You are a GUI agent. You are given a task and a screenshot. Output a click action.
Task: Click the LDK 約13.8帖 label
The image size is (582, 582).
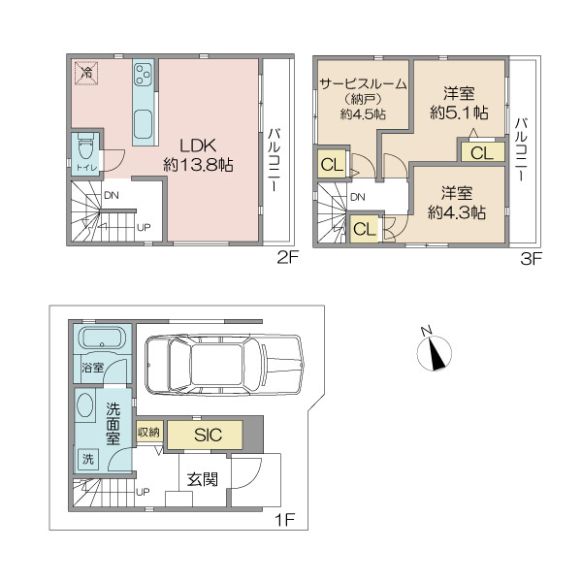coord(198,155)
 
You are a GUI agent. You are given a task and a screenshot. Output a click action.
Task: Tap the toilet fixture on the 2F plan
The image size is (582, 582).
coord(85,148)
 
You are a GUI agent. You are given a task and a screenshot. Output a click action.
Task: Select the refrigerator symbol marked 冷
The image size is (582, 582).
coord(87,73)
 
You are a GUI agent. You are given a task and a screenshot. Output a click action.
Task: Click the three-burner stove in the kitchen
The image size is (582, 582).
coord(143,75)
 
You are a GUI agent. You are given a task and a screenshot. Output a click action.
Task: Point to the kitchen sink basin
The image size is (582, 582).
coord(143,123)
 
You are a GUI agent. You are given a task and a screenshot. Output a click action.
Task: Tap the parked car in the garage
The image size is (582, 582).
coord(225,365)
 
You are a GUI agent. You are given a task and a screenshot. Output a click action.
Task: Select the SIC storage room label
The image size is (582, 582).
coord(208,435)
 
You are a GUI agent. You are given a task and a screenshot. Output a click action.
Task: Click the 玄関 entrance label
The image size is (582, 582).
coord(203,479)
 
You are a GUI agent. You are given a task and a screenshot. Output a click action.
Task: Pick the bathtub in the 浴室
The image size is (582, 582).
coord(103,339)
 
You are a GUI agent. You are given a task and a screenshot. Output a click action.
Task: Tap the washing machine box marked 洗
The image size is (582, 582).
coord(87,459)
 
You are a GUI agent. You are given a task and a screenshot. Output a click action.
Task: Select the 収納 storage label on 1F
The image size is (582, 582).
coord(148,432)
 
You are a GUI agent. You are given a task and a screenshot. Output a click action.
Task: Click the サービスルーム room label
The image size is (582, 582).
coord(363,84)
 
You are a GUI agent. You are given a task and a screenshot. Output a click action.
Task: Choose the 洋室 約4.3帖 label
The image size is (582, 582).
coord(457,203)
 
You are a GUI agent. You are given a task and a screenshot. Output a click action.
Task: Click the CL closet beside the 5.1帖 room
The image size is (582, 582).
coord(482,152)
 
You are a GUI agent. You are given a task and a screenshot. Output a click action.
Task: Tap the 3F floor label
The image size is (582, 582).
coord(532,259)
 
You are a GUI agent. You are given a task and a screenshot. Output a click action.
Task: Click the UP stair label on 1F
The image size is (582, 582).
coord(143,492)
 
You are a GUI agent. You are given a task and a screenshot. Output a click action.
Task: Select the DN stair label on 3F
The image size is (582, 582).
coord(357,197)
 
